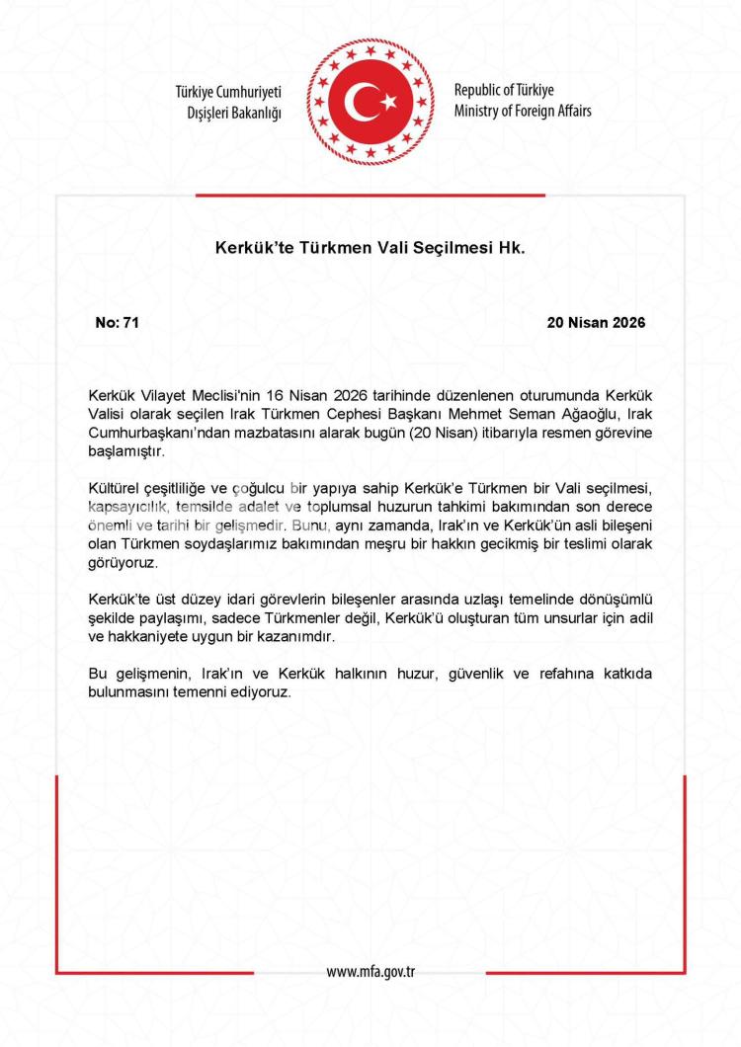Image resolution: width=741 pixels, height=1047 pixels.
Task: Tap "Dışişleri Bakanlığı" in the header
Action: [x=234, y=112]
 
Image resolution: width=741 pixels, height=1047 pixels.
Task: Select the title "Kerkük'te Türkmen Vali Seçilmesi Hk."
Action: [x=370, y=248]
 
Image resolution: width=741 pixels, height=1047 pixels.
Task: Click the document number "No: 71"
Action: [x=118, y=323]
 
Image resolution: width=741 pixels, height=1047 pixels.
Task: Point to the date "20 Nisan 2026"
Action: [x=595, y=323]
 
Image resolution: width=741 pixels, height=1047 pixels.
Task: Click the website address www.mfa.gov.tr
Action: [x=370, y=971]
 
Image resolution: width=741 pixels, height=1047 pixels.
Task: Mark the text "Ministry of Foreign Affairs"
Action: [x=523, y=111]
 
